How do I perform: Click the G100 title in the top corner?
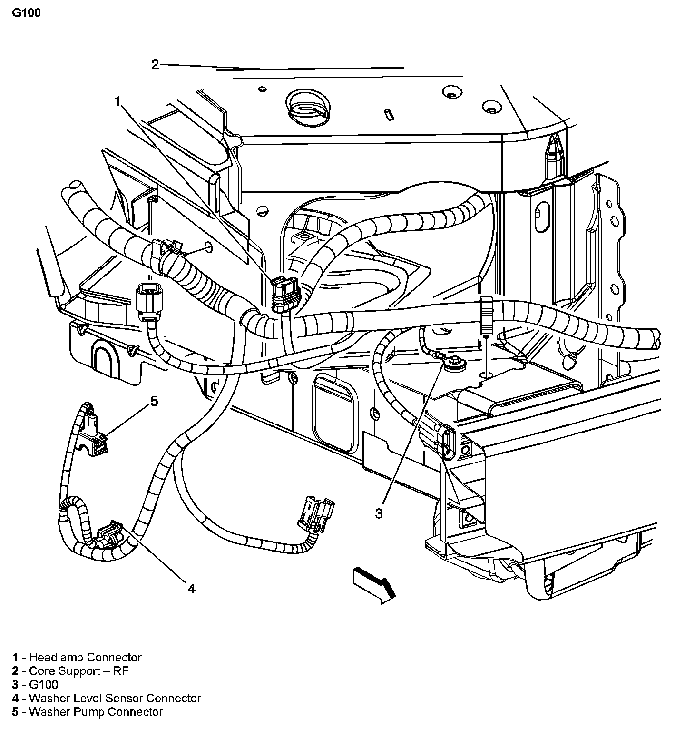click(x=26, y=13)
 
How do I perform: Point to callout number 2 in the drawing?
click(x=155, y=65)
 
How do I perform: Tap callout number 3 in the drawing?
click(x=379, y=513)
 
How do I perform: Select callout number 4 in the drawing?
click(x=191, y=589)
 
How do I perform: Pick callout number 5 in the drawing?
click(x=154, y=401)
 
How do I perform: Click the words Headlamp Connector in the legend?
click(x=85, y=658)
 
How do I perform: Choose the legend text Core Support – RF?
click(x=78, y=671)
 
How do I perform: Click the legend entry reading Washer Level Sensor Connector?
click(x=115, y=698)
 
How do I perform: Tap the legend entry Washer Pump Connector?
click(x=96, y=712)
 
